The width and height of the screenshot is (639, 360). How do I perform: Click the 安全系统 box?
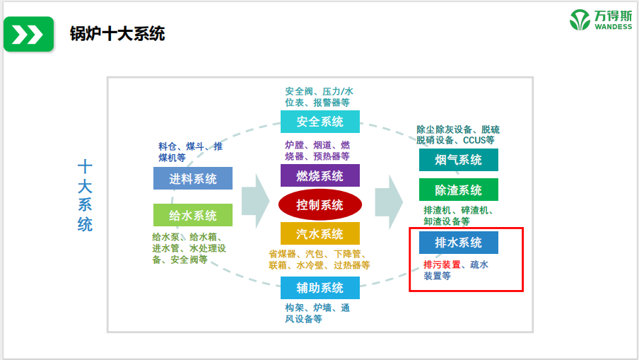[319, 122]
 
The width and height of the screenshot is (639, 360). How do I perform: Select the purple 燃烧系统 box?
[319, 175]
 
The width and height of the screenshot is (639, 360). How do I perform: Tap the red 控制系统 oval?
[319, 205]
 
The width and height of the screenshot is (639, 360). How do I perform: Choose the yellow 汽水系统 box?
[319, 234]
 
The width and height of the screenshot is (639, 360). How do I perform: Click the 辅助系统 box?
[319, 288]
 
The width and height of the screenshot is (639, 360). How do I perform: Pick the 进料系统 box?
[192, 178]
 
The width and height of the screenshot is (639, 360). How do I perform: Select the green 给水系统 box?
[192, 215]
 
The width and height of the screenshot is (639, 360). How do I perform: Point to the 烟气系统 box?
[458, 160]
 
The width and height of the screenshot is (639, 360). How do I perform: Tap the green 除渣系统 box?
[458, 190]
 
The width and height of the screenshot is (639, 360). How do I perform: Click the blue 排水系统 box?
[458, 243]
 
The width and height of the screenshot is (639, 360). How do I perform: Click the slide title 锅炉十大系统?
[117, 34]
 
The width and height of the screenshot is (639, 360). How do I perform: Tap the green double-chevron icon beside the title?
[28, 34]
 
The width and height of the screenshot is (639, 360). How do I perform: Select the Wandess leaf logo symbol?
[580, 20]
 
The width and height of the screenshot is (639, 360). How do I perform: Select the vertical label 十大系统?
[85, 196]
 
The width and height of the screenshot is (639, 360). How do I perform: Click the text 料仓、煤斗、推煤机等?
[190, 152]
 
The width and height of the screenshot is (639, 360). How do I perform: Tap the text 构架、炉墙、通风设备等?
[317, 313]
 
